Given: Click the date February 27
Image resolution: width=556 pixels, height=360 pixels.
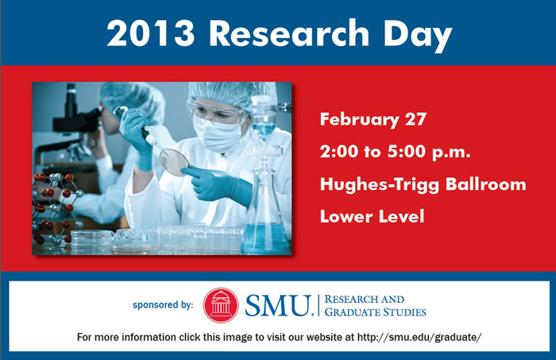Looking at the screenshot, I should pos(373,121).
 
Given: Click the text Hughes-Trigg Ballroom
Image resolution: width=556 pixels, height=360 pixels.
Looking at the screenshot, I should pos(423,184).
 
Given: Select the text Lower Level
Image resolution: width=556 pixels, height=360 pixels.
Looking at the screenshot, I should pos(372,215).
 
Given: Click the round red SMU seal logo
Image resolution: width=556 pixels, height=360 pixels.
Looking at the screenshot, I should pos(221,304).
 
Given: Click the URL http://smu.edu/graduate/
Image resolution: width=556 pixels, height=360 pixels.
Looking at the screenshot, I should pos(419,337).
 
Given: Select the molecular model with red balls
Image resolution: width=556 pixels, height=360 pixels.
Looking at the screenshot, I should pos(56,207).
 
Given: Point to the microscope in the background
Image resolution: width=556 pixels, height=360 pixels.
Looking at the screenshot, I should pos(75,119).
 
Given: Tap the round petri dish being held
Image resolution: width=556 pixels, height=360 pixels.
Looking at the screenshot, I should pos(174,161).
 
